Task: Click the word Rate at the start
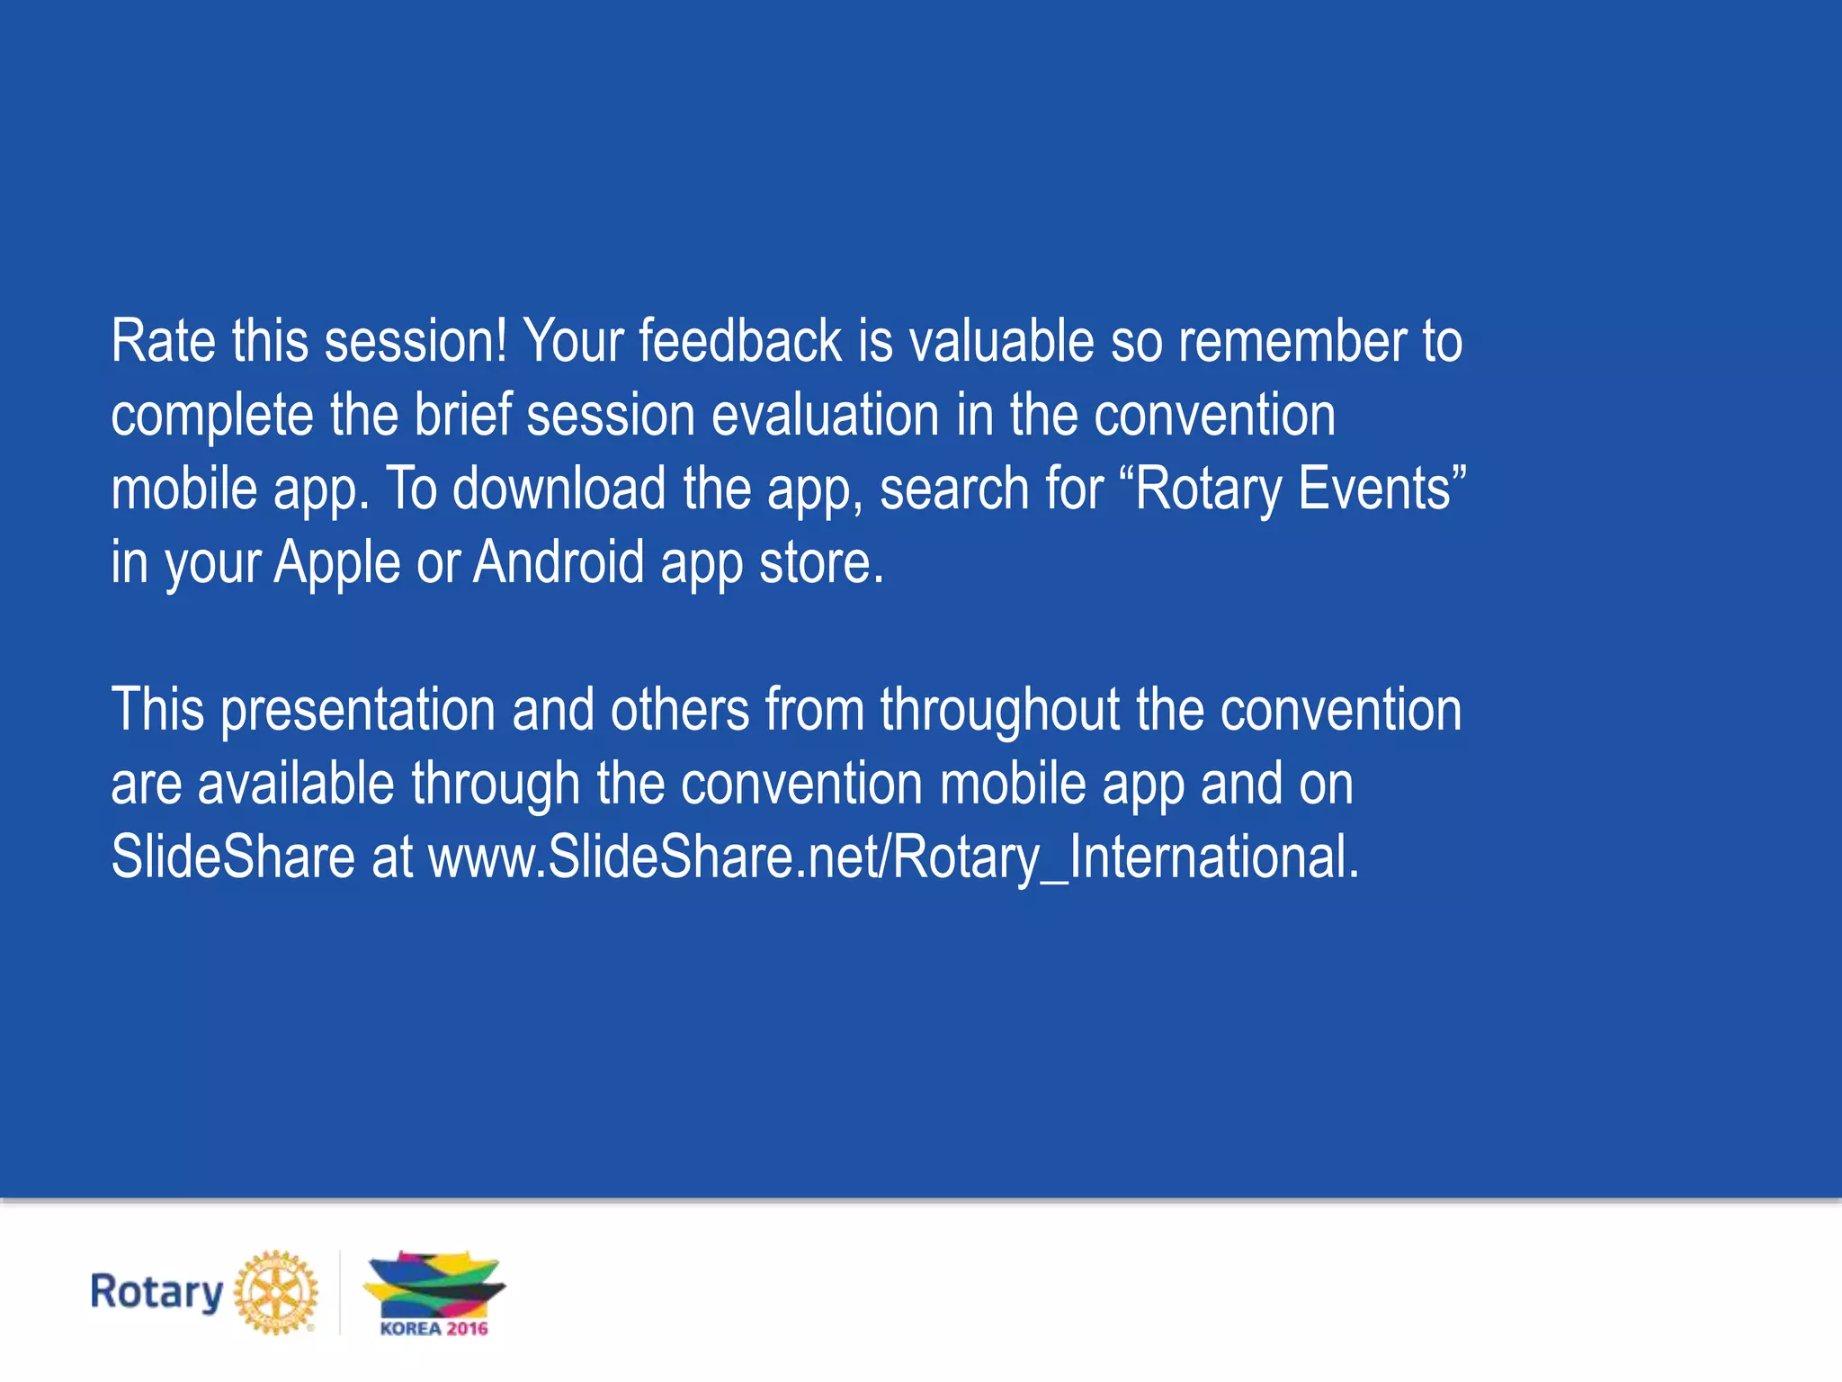[x=163, y=342]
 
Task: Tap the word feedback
[x=739, y=342]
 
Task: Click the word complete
[x=212, y=417]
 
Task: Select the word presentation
[x=358, y=711]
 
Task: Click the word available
[x=296, y=784]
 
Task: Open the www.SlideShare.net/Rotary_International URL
[x=893, y=857]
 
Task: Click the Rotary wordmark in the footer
[x=156, y=1293]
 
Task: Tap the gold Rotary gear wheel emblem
[x=276, y=1292]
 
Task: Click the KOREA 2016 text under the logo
[x=434, y=1329]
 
